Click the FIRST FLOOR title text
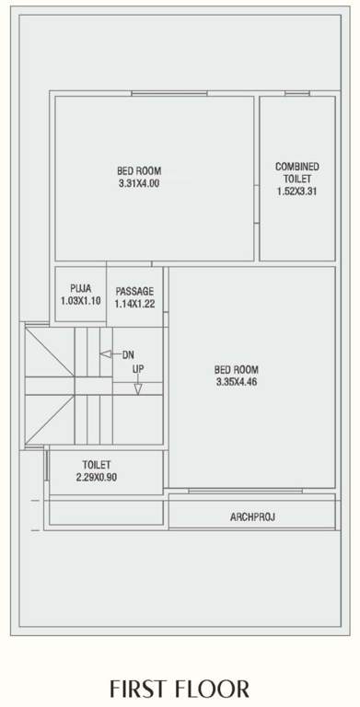[x=180, y=689]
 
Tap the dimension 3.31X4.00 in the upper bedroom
[x=138, y=183]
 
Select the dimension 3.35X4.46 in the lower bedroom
[x=236, y=381]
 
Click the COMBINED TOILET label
[x=296, y=172]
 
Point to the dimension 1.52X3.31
[x=296, y=191]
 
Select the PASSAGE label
[x=134, y=291]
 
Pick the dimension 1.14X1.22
[x=134, y=304]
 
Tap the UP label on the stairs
[x=137, y=370]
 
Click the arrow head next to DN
[x=104, y=354]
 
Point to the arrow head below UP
[x=137, y=389]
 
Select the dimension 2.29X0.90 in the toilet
[x=97, y=477]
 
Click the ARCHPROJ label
[x=252, y=517]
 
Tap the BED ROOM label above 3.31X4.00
[x=138, y=170]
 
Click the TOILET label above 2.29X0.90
[x=97, y=465]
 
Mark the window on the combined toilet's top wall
[x=296, y=93]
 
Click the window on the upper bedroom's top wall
[x=162, y=93]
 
